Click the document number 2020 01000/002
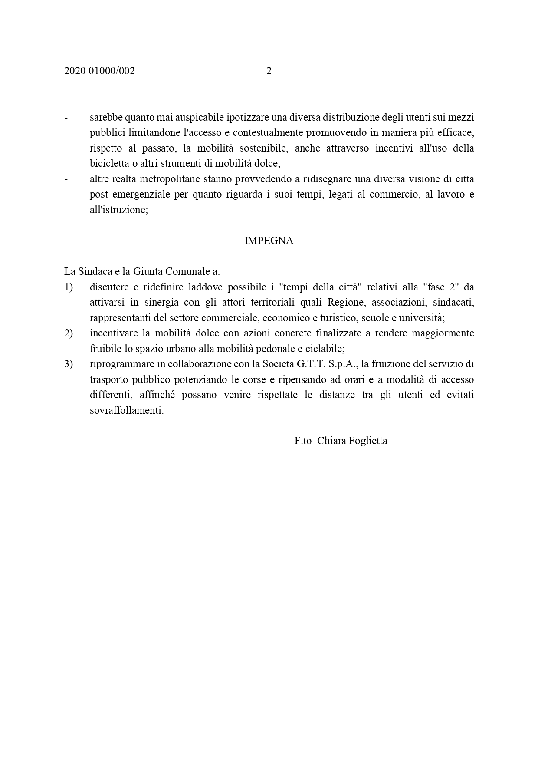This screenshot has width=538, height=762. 99,71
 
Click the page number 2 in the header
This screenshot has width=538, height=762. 269,71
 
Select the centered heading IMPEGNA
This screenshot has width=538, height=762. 269,241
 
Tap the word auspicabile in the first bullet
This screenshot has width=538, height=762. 190,117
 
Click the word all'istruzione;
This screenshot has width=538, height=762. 119,210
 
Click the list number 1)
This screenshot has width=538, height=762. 69,287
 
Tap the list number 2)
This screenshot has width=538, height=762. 69,333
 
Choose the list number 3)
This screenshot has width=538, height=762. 69,364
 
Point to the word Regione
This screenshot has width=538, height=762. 346,303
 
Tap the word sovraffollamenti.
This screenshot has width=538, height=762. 127,410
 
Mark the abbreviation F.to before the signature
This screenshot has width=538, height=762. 303,441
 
